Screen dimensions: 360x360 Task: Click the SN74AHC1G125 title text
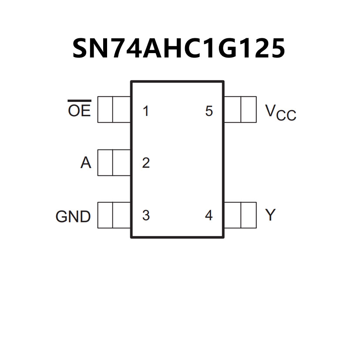click(x=178, y=48)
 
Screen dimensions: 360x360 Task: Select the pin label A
click(x=86, y=163)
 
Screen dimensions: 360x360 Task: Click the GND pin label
click(x=73, y=216)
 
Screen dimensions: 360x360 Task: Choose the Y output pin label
click(x=270, y=215)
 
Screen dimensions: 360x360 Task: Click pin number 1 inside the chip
click(x=146, y=111)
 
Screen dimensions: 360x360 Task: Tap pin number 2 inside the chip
click(x=146, y=163)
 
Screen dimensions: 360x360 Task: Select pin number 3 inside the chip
click(x=146, y=215)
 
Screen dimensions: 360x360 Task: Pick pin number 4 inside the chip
click(x=209, y=215)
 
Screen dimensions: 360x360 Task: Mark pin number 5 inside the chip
click(x=209, y=111)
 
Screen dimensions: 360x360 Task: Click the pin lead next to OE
click(x=114, y=109)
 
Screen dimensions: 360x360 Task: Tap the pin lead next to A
click(x=114, y=162)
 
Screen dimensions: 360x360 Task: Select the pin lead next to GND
click(x=114, y=215)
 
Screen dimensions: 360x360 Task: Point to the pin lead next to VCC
click(x=240, y=109)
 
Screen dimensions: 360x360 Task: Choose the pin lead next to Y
click(x=240, y=215)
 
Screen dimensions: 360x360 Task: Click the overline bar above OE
click(x=79, y=101)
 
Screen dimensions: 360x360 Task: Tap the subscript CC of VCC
click(x=286, y=116)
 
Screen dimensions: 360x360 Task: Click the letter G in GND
click(x=61, y=216)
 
